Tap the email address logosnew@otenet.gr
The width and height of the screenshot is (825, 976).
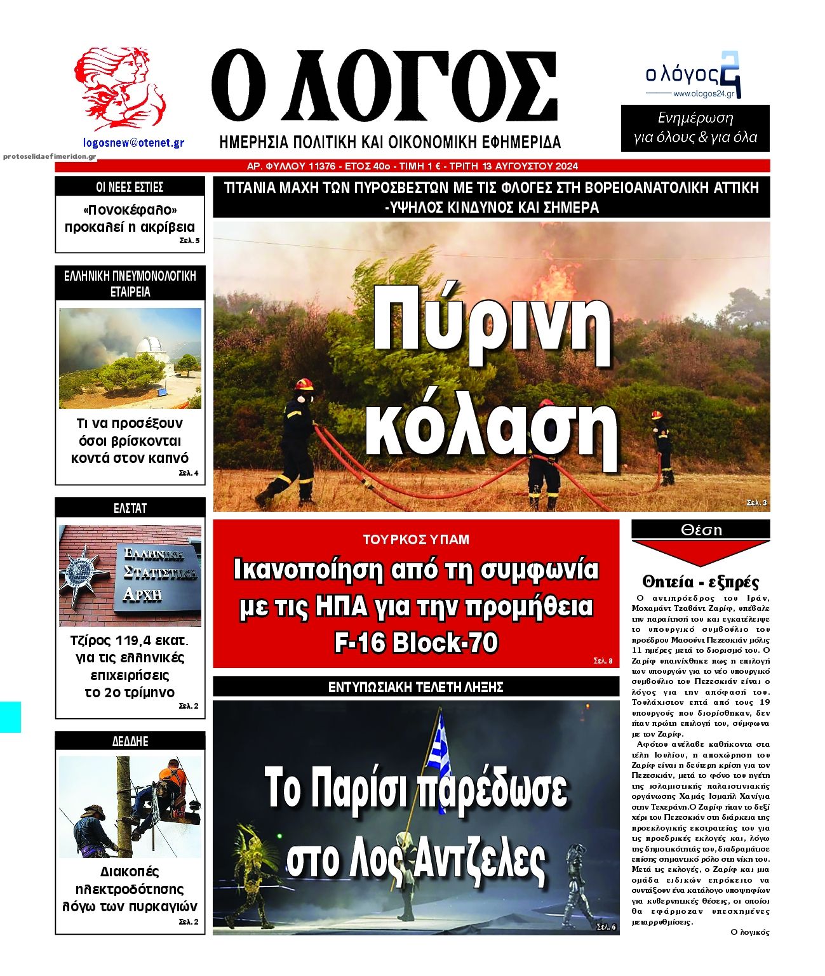(133, 143)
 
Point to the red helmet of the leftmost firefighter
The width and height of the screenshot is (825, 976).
(304, 384)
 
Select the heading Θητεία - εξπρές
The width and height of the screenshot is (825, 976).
(701, 582)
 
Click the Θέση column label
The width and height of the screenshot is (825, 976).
(701, 530)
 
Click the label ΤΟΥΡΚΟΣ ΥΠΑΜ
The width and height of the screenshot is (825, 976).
(416, 540)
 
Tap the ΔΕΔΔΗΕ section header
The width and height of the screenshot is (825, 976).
(130, 741)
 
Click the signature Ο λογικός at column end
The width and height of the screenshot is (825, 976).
(749, 932)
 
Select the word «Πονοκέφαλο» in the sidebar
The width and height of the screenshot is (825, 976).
(130, 210)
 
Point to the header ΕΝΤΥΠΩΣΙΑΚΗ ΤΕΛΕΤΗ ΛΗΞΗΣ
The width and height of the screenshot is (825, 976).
(416, 687)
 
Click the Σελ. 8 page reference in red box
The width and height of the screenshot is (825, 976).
(603, 661)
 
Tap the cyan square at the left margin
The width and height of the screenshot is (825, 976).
(10, 717)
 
